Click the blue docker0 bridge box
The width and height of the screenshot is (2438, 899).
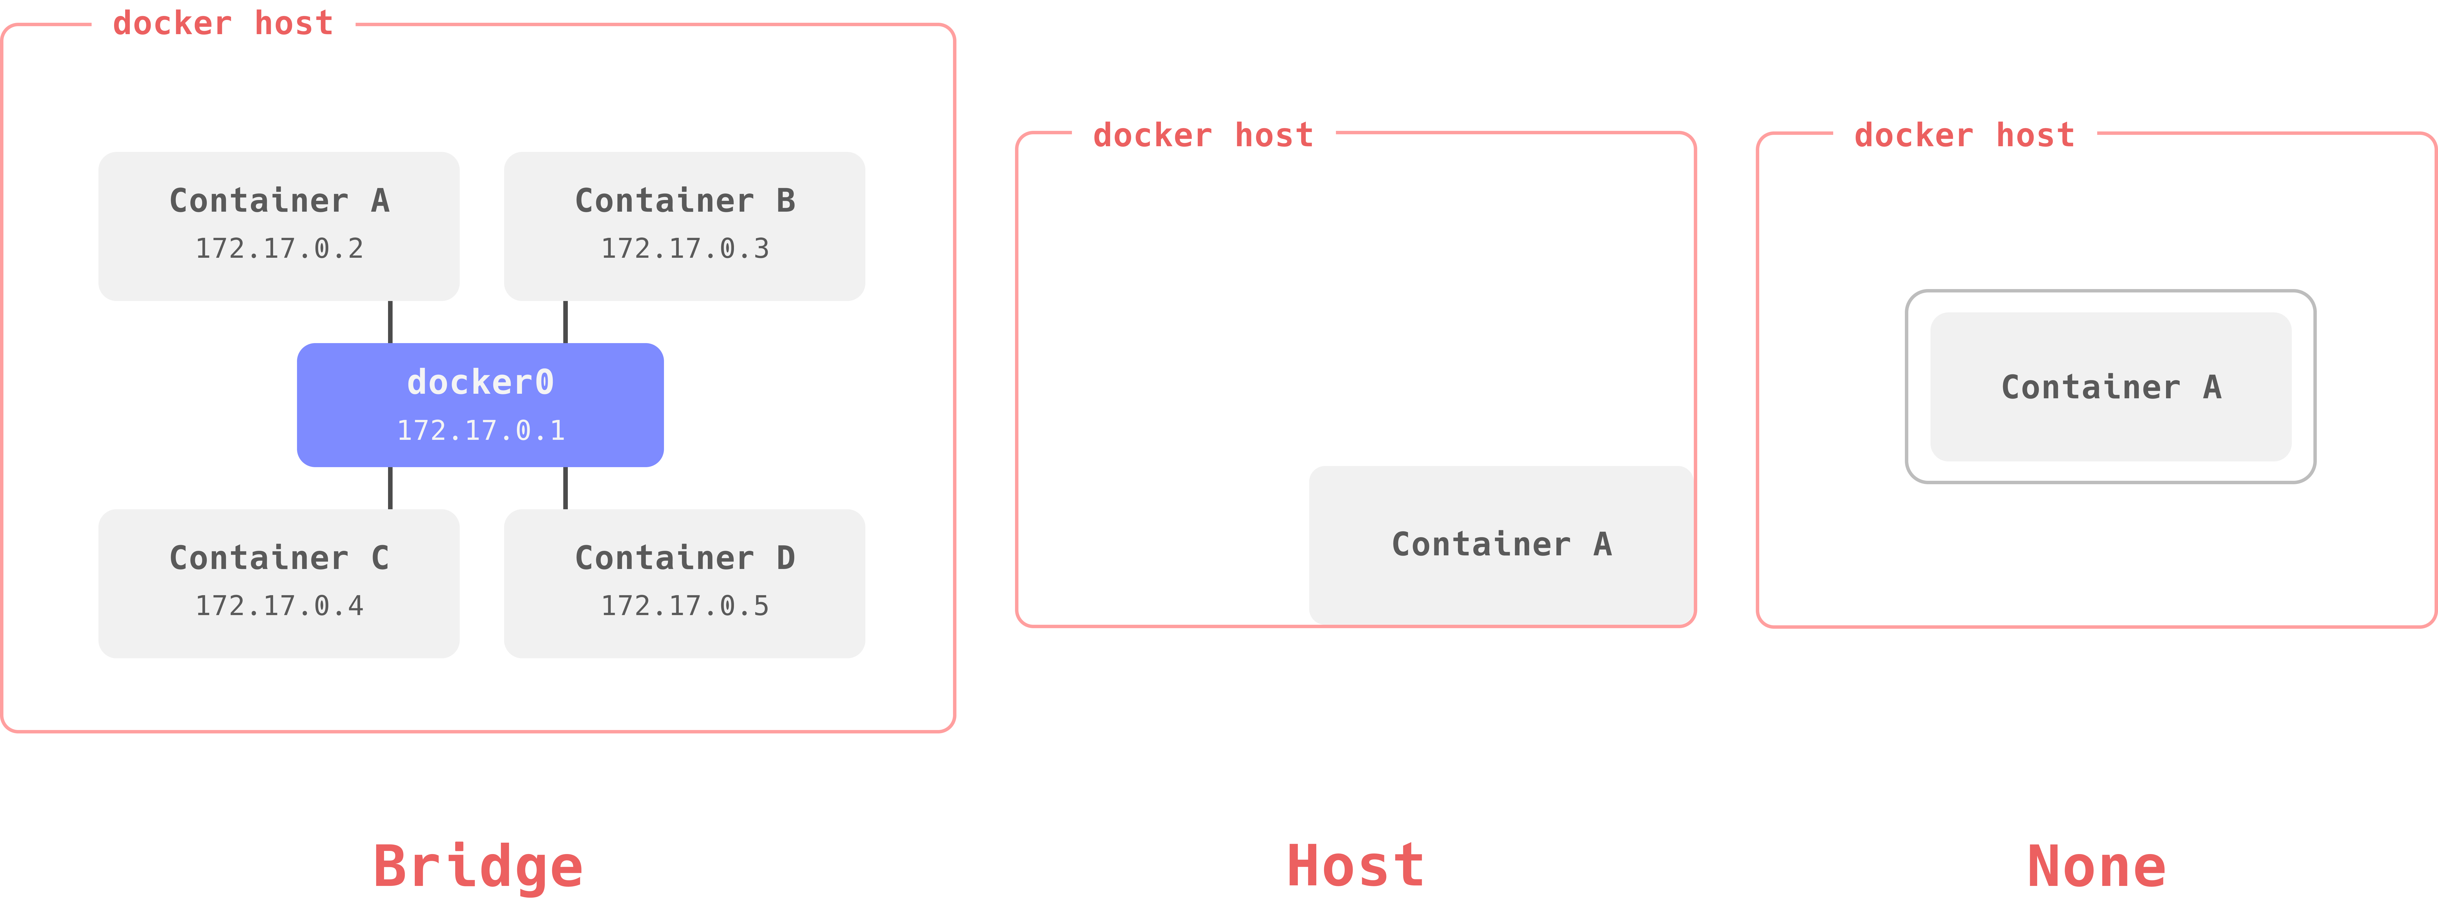(480, 405)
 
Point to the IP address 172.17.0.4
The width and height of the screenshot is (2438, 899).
(279, 606)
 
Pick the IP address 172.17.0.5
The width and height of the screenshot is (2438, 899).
(685, 606)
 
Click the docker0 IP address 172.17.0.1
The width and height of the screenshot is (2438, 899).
(481, 430)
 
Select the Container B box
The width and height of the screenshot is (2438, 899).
(684, 226)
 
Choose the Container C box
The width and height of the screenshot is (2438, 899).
(279, 584)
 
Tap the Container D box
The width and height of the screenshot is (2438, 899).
(684, 584)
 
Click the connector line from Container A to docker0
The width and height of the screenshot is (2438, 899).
(390, 322)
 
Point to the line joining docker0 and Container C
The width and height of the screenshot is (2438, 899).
(390, 488)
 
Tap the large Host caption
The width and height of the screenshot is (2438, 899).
(1355, 866)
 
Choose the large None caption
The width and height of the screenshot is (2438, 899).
(2096, 866)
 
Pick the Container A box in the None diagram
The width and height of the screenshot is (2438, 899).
(2111, 387)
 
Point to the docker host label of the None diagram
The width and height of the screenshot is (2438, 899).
(1964, 135)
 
